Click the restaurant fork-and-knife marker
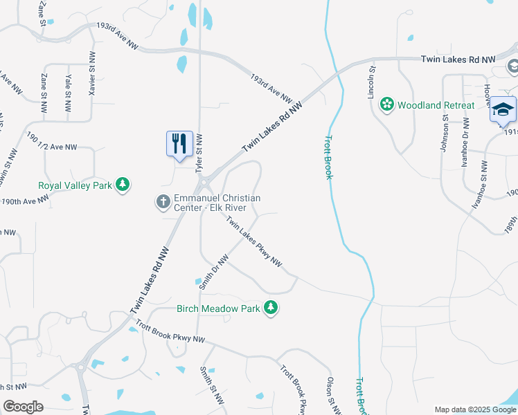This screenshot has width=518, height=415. [x=179, y=144]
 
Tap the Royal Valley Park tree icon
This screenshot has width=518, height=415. [x=123, y=184]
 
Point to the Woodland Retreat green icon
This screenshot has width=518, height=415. [x=386, y=105]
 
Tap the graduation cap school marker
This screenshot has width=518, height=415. [x=503, y=111]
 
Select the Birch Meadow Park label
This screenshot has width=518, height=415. [x=218, y=308]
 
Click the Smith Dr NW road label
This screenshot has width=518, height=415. [x=213, y=272]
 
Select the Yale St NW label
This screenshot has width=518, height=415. [x=67, y=93]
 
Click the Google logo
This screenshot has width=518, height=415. [x=24, y=407]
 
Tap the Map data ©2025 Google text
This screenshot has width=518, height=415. [x=474, y=409]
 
